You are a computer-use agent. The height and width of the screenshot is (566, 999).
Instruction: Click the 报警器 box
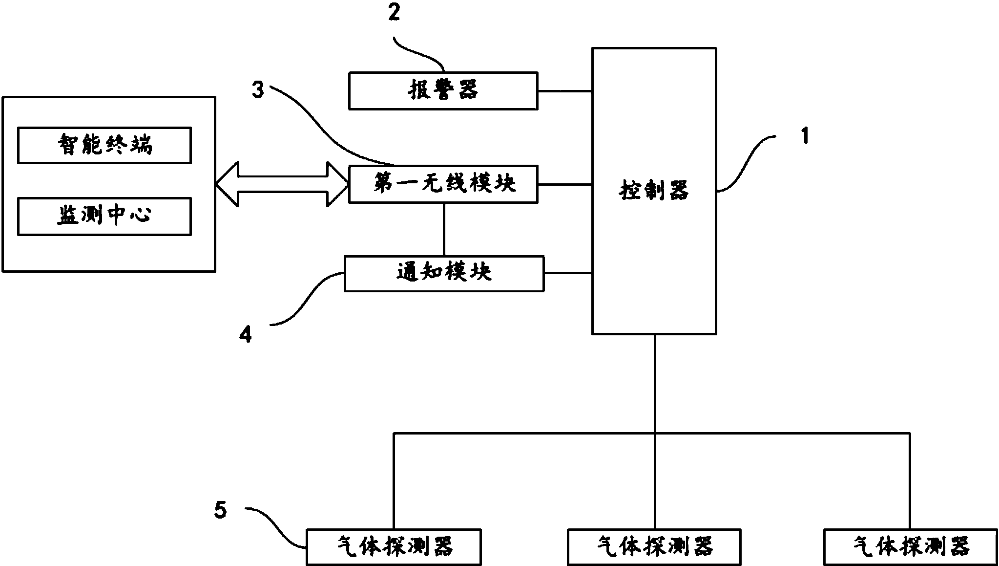tap(443, 91)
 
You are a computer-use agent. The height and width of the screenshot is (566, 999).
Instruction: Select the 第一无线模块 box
tap(443, 184)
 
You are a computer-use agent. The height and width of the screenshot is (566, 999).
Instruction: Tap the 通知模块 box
tap(444, 274)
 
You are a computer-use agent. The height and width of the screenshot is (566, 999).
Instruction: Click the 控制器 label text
tap(654, 190)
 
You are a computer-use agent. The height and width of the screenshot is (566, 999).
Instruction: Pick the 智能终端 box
tap(104, 145)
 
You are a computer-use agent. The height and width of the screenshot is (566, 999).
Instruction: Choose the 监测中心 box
tap(104, 216)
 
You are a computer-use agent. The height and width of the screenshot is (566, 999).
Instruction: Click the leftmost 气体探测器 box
tap(394, 547)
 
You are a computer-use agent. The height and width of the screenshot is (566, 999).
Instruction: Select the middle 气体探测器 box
tap(654, 547)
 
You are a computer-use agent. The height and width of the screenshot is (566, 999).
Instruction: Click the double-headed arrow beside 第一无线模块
tap(281, 184)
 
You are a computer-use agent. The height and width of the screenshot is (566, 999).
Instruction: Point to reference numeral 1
tap(805, 136)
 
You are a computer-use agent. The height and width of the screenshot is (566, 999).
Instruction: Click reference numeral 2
tap(394, 13)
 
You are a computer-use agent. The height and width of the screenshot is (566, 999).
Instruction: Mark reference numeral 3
tap(258, 90)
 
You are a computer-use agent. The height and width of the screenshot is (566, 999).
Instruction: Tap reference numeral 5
tap(220, 511)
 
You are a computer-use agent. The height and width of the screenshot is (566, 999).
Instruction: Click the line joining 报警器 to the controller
tap(565, 91)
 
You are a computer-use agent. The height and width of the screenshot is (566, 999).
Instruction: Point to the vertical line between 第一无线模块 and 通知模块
tap(444, 229)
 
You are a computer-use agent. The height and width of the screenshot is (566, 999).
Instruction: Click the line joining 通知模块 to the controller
tap(568, 274)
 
